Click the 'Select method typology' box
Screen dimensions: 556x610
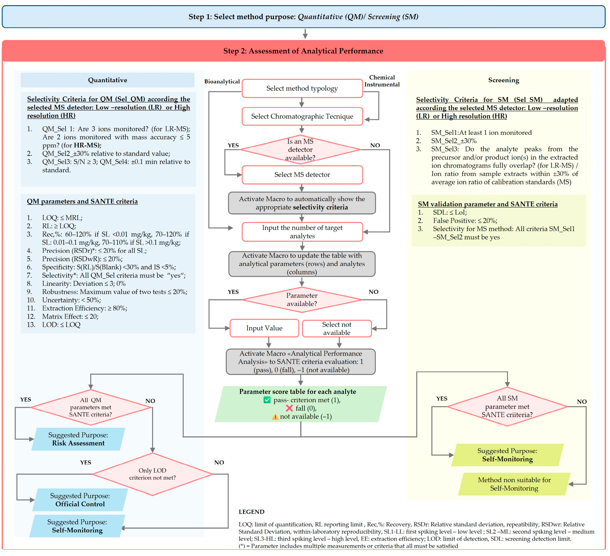(302, 88)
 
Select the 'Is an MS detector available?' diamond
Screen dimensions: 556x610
(300, 149)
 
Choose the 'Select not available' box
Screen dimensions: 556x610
(337, 328)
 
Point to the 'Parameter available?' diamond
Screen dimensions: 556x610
(302, 300)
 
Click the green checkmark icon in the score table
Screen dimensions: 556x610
(267, 400)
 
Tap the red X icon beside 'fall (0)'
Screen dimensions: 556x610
(289, 408)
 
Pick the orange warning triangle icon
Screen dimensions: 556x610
(275, 417)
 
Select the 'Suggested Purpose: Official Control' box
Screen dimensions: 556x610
(80, 500)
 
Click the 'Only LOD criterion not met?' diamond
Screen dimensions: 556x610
(153, 474)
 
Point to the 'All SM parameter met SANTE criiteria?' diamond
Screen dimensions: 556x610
(507, 406)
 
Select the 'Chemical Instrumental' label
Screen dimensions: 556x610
(382, 81)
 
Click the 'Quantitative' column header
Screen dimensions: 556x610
(107, 80)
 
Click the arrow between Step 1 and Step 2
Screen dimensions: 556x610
(305, 34)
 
